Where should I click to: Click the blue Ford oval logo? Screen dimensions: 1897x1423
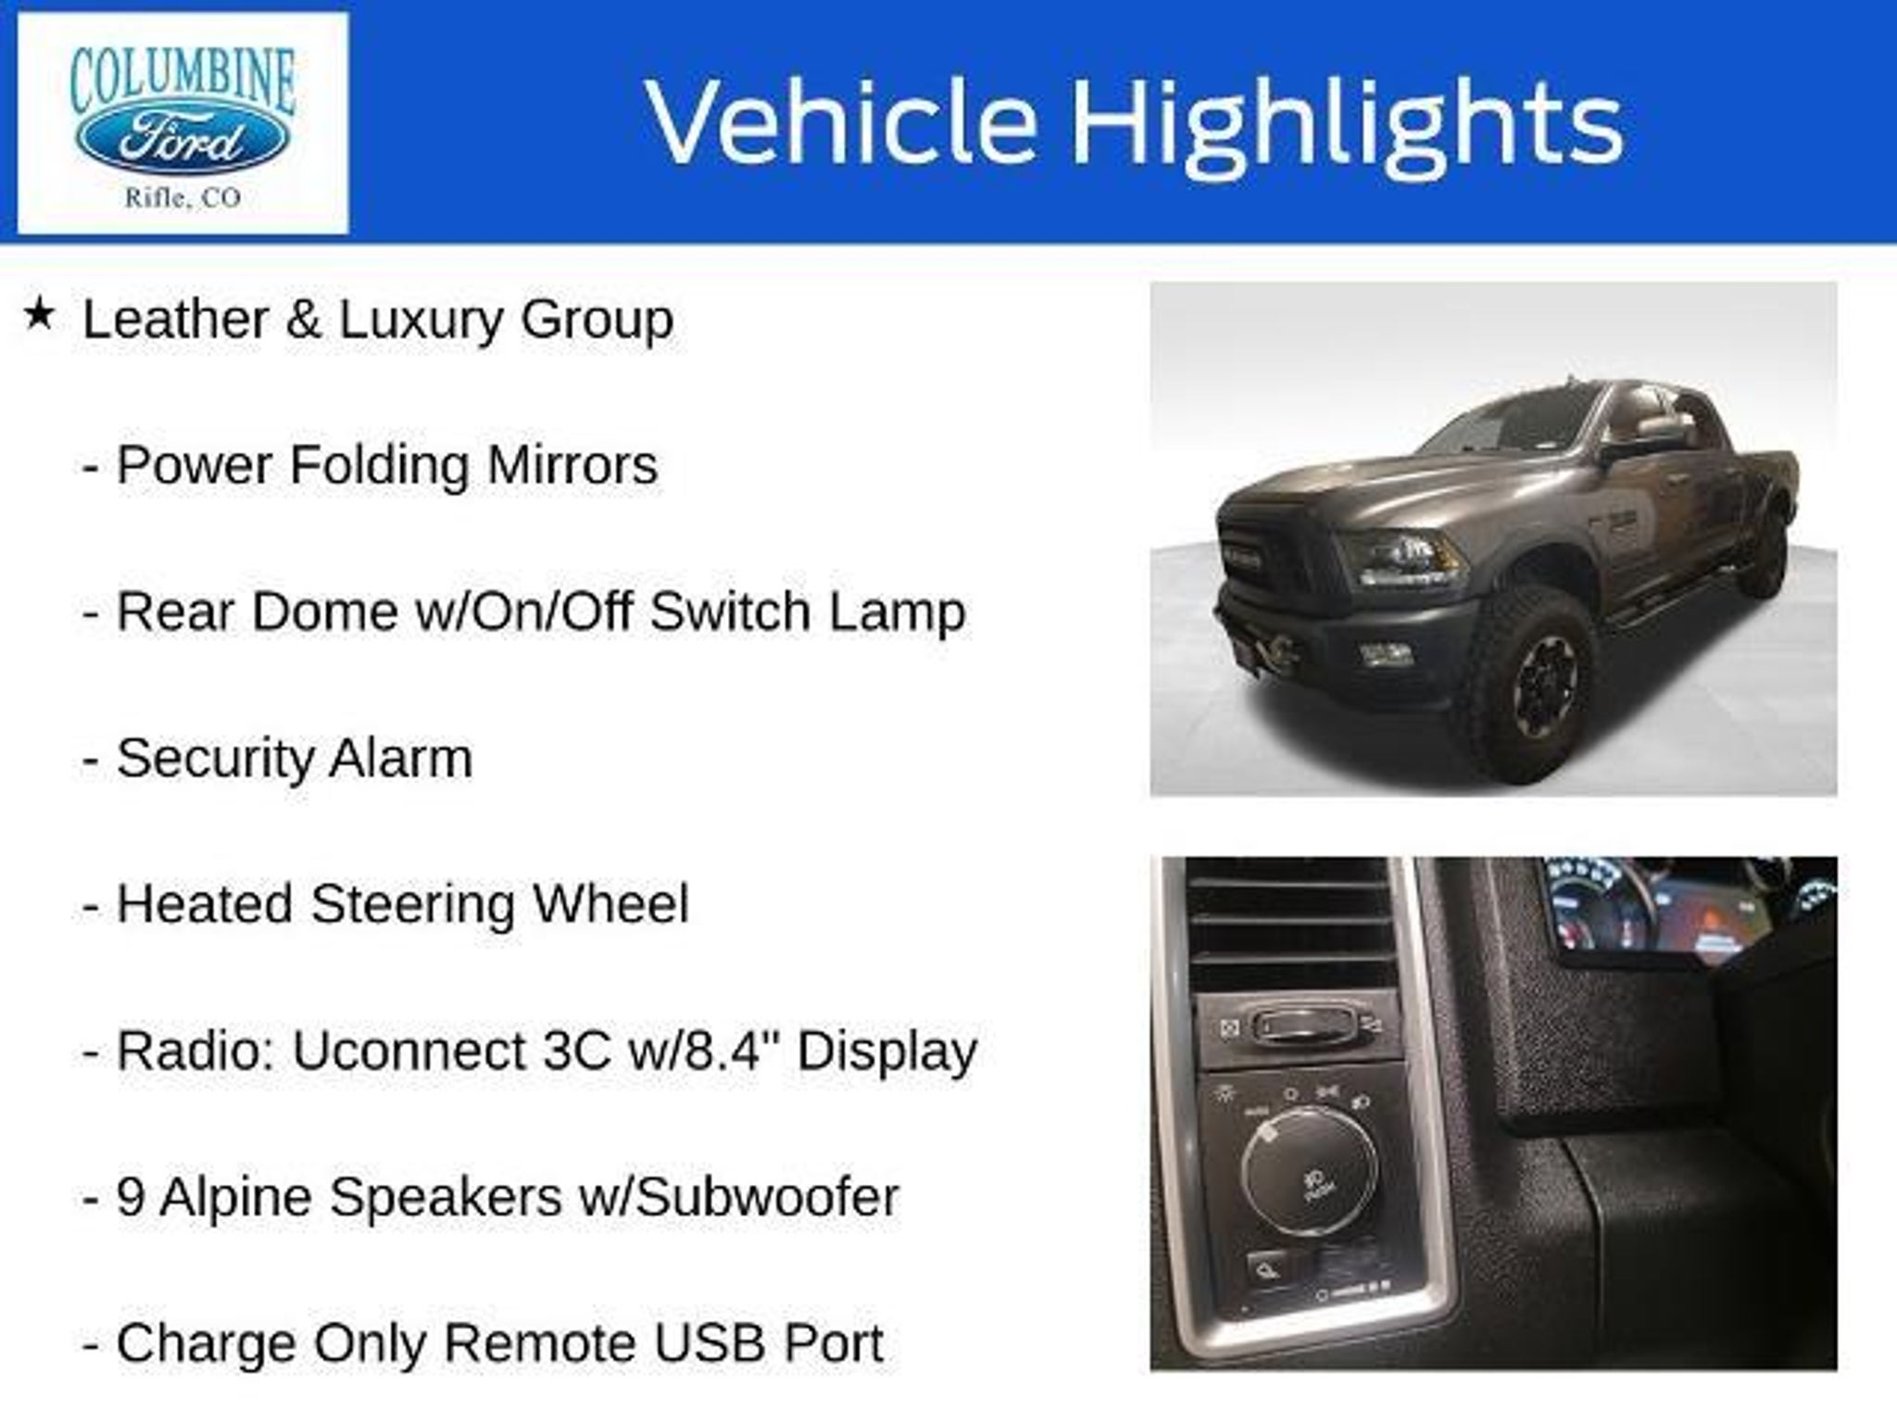[182, 142]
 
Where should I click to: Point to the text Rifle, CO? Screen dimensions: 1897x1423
[182, 197]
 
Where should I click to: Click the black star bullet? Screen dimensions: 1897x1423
[39, 317]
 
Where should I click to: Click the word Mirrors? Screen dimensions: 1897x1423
[572, 464]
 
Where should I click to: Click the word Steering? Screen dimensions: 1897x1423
[412, 905]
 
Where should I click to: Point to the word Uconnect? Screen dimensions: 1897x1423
[408, 1052]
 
